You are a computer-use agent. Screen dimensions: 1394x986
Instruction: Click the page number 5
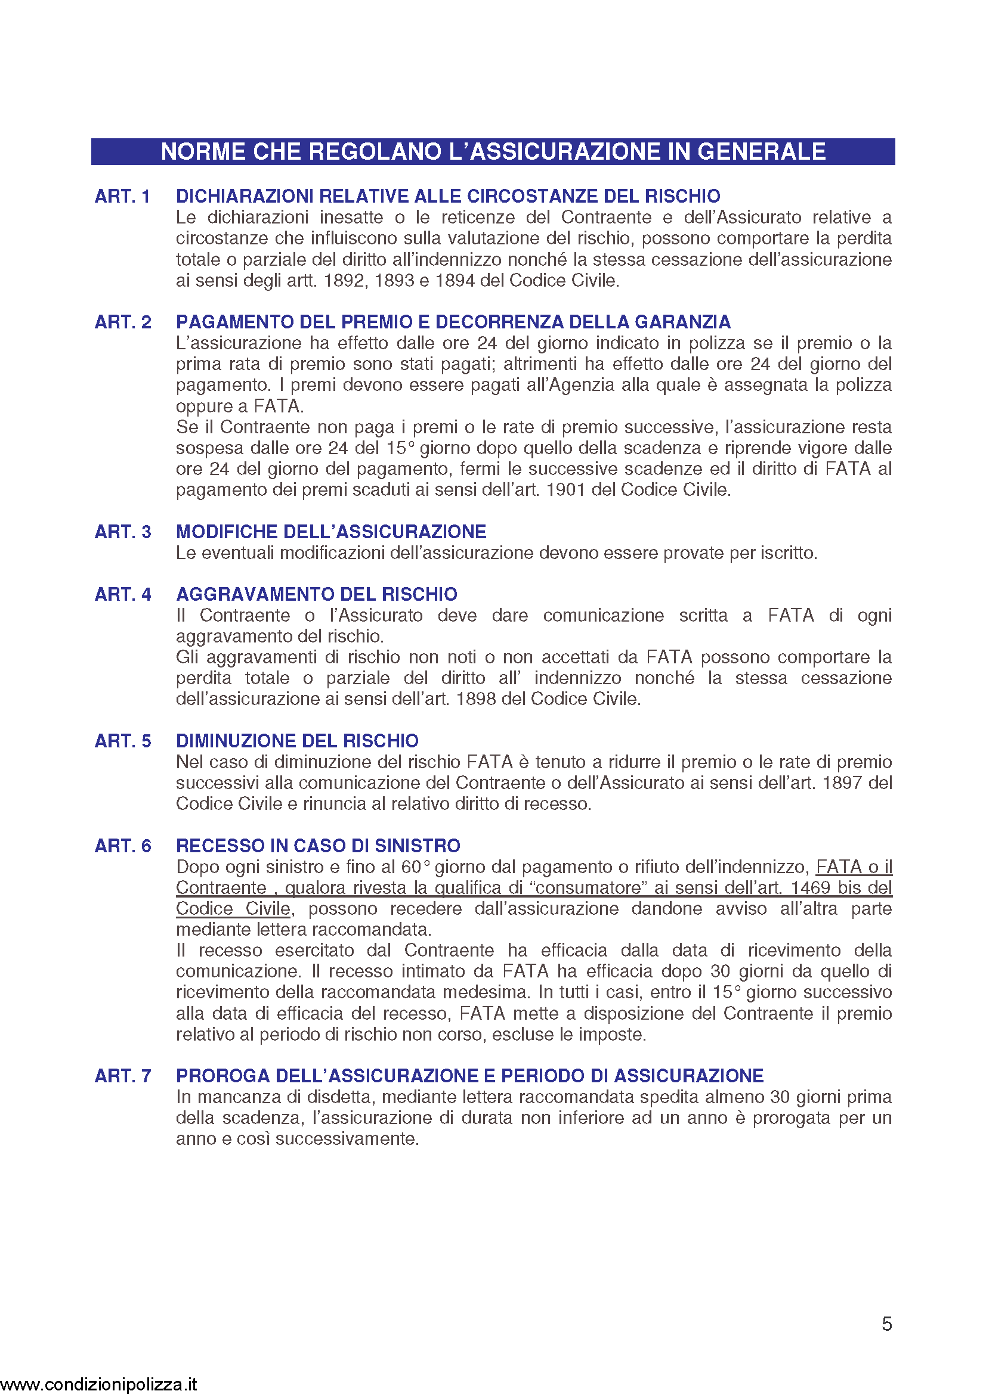886,1324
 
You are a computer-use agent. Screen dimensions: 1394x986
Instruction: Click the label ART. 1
123,196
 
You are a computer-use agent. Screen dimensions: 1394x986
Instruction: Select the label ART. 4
123,594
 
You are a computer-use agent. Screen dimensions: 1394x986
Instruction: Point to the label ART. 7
123,1076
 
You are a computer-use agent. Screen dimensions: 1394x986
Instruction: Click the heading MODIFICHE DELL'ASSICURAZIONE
331,531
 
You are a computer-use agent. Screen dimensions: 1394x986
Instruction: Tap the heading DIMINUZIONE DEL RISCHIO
297,741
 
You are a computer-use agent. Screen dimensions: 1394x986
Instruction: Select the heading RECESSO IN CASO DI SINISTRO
318,846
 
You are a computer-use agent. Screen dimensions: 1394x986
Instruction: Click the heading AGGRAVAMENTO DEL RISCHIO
317,594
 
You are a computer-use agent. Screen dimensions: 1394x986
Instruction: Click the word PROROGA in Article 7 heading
223,1076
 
